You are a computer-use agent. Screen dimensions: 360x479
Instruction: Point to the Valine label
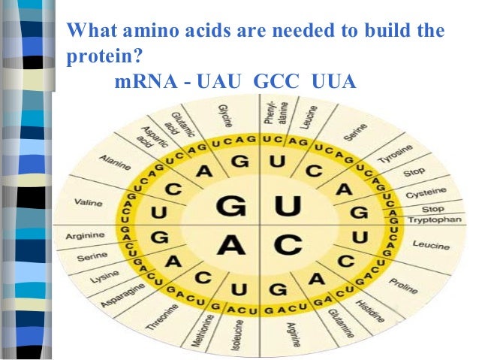tap(89, 202)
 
